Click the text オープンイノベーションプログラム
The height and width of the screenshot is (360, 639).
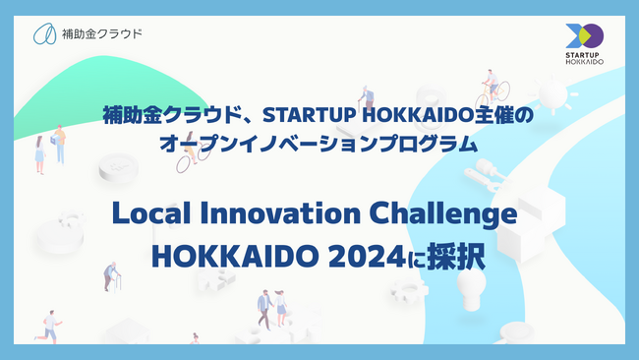point(319,144)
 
